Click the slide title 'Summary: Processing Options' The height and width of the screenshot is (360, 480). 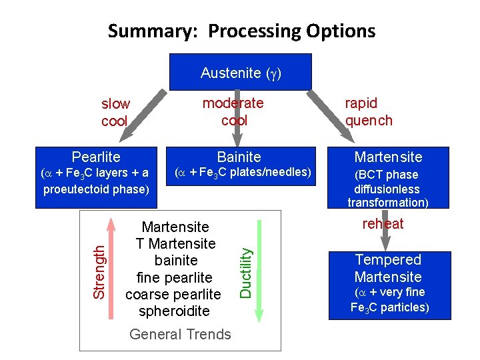coord(241,31)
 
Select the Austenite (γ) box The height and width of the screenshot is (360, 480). coord(241,73)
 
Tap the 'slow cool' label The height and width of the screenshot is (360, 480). coord(115,113)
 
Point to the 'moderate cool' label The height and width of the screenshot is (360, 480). coord(233,111)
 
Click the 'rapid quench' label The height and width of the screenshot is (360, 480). coord(369,111)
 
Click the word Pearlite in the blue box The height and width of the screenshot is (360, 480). coord(96,157)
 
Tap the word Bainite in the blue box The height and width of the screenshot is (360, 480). coord(239,157)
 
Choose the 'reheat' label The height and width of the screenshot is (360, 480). coord(383,224)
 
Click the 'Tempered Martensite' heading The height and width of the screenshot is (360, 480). coord(388,268)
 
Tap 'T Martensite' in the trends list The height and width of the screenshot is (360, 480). coord(175,244)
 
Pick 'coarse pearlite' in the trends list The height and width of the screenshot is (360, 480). coord(173,295)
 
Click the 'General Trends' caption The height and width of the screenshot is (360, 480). coord(180,335)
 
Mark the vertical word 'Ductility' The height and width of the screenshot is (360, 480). coord(245,273)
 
